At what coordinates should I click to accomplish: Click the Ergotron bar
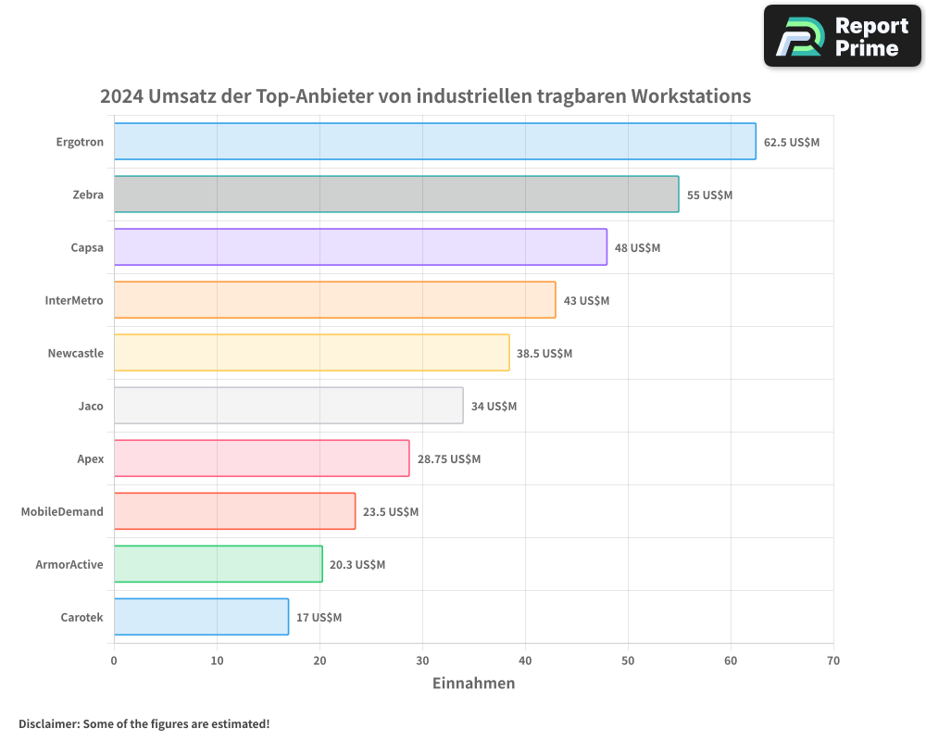point(434,142)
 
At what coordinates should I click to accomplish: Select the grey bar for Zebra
point(396,195)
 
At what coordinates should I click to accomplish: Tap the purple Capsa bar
point(360,247)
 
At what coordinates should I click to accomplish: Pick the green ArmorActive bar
point(218,564)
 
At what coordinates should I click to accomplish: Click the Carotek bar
point(201,617)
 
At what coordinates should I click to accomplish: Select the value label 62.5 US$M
point(792,143)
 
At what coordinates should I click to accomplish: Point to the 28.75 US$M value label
point(449,459)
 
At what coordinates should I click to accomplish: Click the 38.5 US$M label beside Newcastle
point(544,354)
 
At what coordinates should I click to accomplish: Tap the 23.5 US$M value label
point(391,512)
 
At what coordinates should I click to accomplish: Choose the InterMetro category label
point(74,300)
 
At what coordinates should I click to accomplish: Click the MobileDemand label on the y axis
point(62,511)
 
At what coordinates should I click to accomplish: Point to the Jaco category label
point(91,406)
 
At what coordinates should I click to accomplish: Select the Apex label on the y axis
point(91,458)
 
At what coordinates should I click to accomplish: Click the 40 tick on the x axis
point(525,660)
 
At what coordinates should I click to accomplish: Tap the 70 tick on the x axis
point(833,660)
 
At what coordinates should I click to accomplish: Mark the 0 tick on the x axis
point(114,660)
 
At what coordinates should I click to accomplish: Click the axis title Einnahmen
point(473,684)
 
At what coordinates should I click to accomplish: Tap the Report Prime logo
point(842,36)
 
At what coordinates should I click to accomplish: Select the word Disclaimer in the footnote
point(47,723)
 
